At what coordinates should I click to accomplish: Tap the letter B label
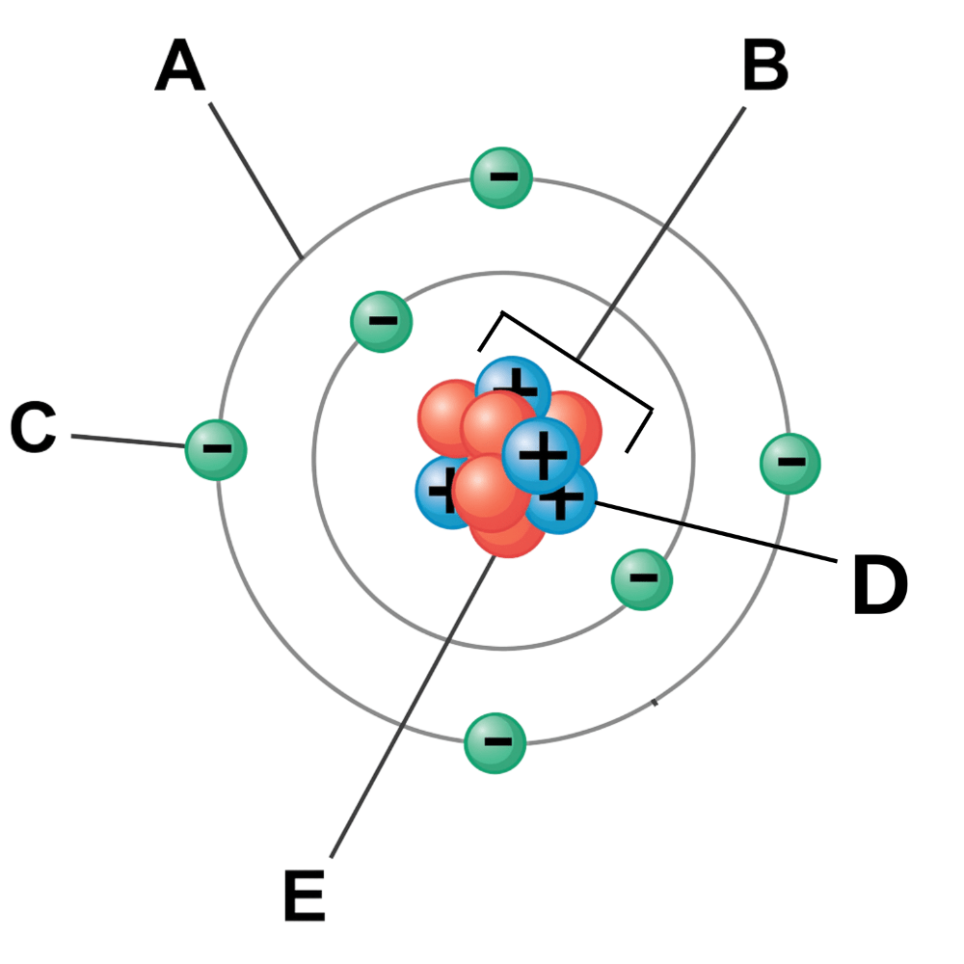point(764,67)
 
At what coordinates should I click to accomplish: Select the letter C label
point(33,428)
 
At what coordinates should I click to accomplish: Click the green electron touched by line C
point(216,449)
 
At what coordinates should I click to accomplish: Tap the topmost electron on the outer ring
point(501,177)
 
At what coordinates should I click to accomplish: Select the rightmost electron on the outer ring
point(790,464)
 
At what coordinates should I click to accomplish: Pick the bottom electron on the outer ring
point(495,742)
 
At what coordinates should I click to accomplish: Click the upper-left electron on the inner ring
point(381,321)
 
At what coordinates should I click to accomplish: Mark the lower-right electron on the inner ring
point(642,579)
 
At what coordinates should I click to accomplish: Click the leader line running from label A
point(255,179)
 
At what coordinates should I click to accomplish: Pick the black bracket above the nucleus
point(569,357)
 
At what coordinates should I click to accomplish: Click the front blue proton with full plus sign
point(542,453)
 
